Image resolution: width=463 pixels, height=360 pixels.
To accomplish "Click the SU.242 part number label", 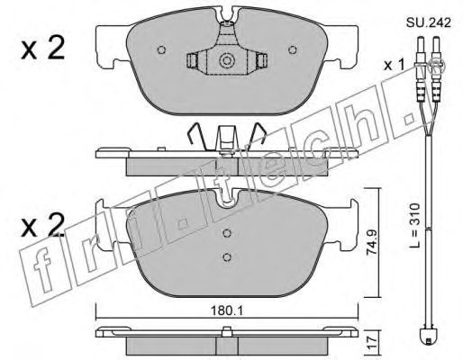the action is tap(429, 22).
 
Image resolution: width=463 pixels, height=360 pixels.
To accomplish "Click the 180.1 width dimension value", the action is tap(227, 311).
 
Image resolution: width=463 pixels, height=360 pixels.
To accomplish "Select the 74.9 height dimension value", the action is tap(372, 243).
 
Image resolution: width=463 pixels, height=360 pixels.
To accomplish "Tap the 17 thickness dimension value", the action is tap(372, 342).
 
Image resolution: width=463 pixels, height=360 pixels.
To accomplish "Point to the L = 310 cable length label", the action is tap(415, 226).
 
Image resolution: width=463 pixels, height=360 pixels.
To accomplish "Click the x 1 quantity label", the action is tap(395, 65).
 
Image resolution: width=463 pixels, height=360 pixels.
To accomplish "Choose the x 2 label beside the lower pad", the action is tap(43, 225).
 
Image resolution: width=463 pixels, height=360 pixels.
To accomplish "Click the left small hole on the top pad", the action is tap(161, 49).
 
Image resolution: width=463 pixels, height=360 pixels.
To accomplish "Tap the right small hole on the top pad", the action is tap(293, 49).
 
